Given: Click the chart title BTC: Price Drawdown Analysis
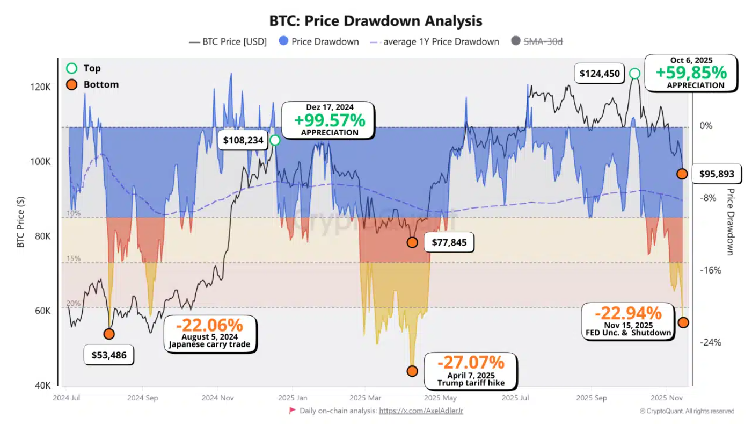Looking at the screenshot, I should (x=376, y=21).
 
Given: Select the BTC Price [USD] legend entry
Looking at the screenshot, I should (x=228, y=41).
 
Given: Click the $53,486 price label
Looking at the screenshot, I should (x=109, y=355).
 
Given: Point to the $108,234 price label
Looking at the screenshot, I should (x=243, y=141).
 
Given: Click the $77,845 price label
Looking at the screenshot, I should (x=449, y=242).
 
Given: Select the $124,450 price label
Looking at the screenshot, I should (x=599, y=73).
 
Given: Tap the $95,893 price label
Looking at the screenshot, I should (x=717, y=174).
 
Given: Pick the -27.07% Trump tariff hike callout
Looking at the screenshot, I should (x=471, y=371).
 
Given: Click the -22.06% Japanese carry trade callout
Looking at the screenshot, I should (x=209, y=334).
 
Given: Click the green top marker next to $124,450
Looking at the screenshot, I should (x=634, y=73).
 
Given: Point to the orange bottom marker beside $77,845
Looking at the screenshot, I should (x=412, y=242).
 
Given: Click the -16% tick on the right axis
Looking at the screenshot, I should (x=711, y=270).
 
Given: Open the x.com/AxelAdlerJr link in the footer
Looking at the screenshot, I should (x=421, y=411).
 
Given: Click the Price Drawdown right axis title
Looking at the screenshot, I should (x=729, y=221).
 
